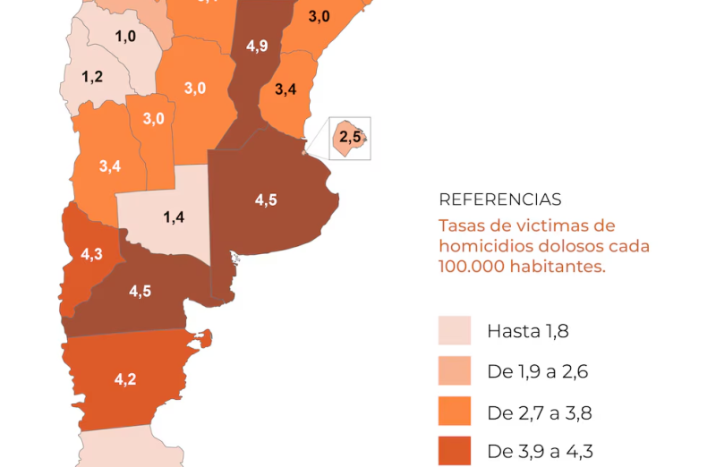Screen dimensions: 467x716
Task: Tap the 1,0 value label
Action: [125, 36]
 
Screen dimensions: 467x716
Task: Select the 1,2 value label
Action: [92, 77]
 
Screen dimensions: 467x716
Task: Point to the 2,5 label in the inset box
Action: [350, 138]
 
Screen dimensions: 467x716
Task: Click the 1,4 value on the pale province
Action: [174, 217]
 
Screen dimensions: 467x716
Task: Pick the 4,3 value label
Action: [91, 254]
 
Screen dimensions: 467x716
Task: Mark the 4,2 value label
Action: [125, 379]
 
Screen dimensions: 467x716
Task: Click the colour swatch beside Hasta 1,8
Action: [455, 331]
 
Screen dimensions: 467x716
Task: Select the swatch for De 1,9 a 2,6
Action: [455, 371]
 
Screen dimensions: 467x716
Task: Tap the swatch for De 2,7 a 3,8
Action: [455, 412]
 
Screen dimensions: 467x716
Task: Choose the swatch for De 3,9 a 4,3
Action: [455, 452]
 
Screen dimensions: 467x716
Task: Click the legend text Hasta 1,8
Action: [528, 332]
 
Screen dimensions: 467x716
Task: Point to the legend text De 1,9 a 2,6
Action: [537, 372]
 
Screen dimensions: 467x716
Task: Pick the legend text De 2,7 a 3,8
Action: [540, 413]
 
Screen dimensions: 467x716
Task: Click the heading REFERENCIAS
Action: [500, 200]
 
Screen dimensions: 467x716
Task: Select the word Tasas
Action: [462, 225]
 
